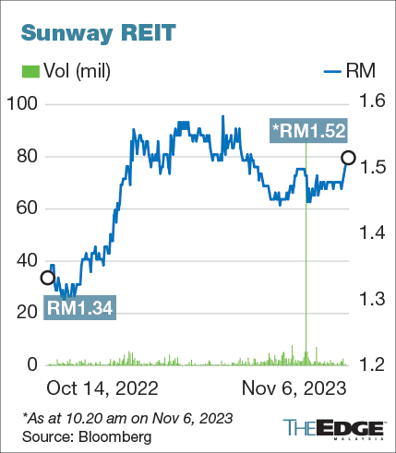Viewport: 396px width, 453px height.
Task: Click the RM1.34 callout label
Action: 80,309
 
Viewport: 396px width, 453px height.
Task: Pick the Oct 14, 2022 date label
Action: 102,387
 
